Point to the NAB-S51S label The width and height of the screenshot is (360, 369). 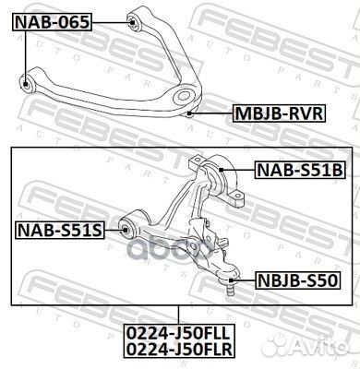click(x=56, y=228)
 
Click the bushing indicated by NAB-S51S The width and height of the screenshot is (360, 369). click(x=128, y=228)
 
